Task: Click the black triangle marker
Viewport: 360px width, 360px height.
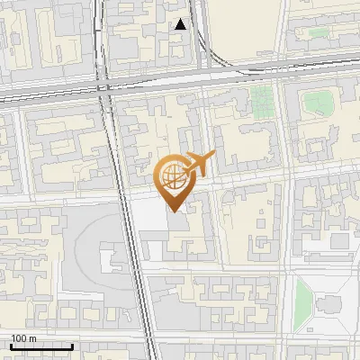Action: pyautogui.click(x=182, y=25)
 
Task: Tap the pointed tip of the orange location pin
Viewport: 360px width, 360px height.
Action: pyautogui.click(x=173, y=209)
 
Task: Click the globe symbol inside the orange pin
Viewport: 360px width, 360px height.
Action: pyautogui.click(x=173, y=176)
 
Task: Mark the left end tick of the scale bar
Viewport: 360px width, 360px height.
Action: pyautogui.click(x=11, y=346)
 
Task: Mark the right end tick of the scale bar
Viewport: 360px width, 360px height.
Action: pyautogui.click(x=72, y=346)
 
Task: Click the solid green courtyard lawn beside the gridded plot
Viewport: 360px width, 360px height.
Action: pyautogui.click(x=317, y=102)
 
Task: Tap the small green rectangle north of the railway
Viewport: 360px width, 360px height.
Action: pyautogui.click(x=317, y=33)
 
